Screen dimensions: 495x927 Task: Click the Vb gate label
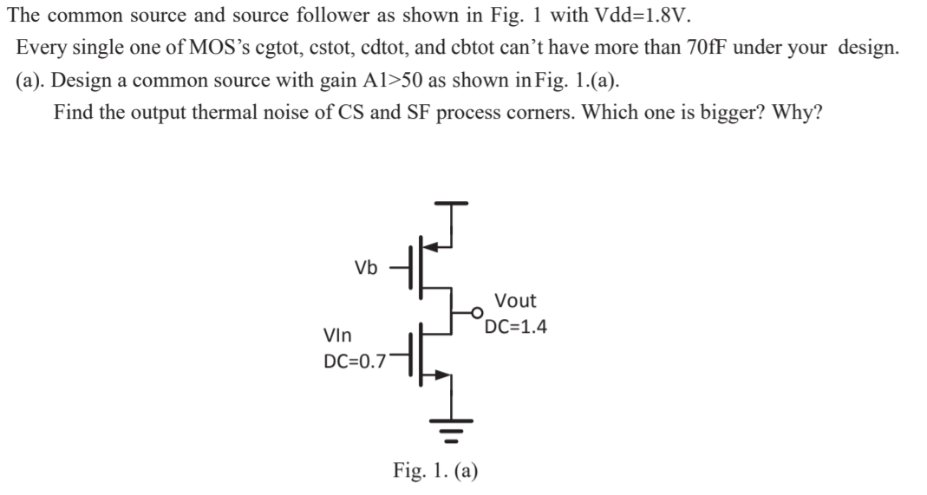tap(366, 268)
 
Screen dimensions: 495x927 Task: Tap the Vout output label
tap(515, 302)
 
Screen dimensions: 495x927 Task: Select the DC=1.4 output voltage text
tap(515, 328)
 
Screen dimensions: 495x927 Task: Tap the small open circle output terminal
tap(476, 311)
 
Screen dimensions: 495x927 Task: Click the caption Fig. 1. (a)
tap(435, 471)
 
